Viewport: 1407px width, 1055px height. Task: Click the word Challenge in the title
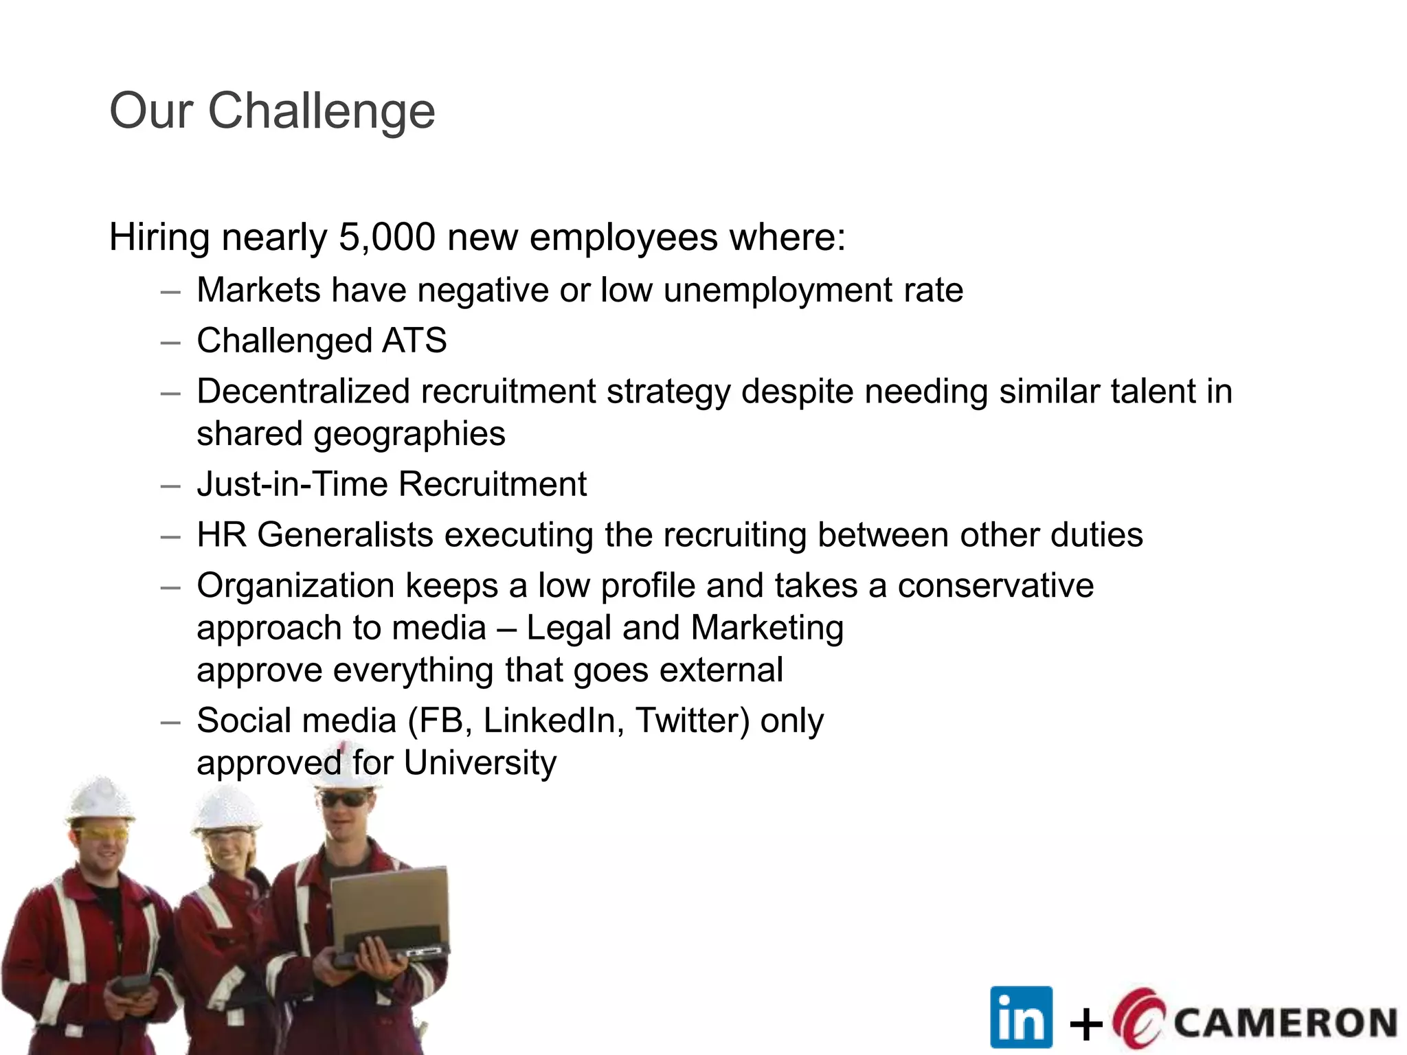tap(321, 111)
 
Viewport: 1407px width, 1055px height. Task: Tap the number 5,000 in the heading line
tap(387, 238)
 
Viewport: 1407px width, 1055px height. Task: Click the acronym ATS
tap(414, 341)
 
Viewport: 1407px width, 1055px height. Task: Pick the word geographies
tap(409, 434)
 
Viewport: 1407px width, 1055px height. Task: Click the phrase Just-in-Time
tap(292, 484)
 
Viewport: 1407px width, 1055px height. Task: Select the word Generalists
tap(346, 535)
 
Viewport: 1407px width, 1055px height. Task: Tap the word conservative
tap(995, 586)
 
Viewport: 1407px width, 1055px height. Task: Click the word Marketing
tap(767, 628)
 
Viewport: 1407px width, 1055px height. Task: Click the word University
tap(480, 763)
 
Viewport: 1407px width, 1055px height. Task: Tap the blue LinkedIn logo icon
tap(1021, 1017)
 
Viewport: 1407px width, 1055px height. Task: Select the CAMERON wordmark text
tap(1285, 1023)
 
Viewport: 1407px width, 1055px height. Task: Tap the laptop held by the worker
tap(390, 907)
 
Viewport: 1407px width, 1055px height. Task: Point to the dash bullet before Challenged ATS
tap(170, 342)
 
